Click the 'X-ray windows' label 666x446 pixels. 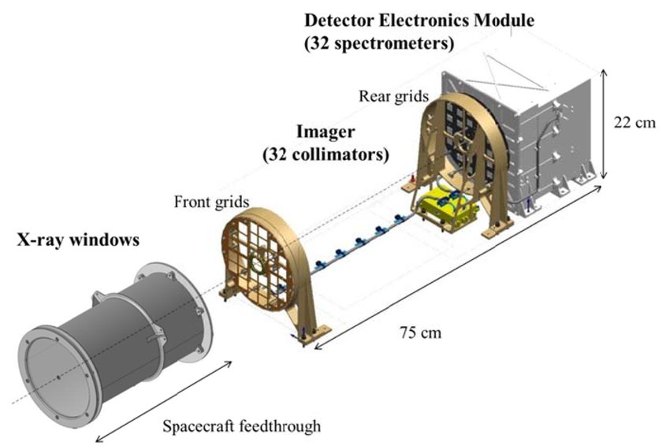(78, 240)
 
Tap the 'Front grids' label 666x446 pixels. (211, 202)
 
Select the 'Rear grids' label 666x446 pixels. (393, 96)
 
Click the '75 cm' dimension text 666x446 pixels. (421, 333)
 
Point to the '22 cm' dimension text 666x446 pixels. (634, 122)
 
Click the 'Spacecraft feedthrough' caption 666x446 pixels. (242, 426)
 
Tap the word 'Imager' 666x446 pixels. (326, 132)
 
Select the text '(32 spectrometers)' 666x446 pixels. (379, 43)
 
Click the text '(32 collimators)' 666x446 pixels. (326, 154)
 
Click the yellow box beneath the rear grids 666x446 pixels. (444, 209)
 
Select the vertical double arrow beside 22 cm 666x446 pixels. (605, 125)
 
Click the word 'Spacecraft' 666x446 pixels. (199, 426)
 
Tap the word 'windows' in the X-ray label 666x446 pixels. (104, 240)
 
